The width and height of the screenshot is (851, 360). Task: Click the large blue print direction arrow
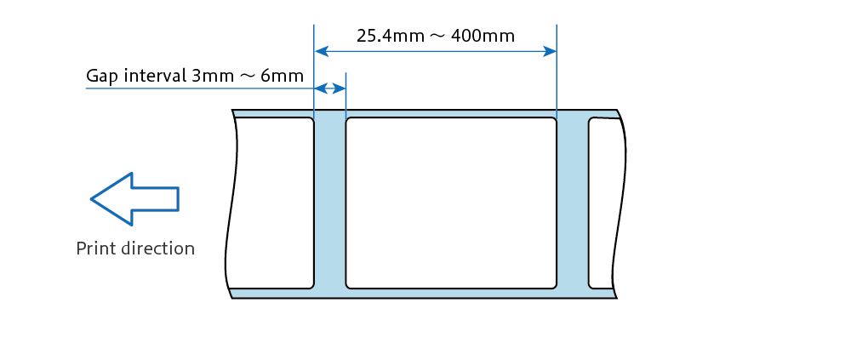point(134,199)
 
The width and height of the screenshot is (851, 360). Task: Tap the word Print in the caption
point(95,249)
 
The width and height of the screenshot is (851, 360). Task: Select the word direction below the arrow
point(157,249)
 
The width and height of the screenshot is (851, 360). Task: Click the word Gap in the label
point(102,76)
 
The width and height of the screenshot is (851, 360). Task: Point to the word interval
point(156,75)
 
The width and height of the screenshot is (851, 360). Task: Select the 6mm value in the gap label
point(283,76)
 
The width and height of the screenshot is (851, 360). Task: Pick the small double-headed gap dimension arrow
point(330,88)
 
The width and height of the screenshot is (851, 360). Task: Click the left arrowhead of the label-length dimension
point(322,52)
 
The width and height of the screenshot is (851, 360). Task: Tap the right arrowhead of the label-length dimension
point(550,52)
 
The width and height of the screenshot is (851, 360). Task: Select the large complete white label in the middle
point(451,203)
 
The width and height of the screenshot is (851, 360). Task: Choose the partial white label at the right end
point(606,203)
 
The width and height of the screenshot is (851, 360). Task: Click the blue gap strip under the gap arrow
point(330,203)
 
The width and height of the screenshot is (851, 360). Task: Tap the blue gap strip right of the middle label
point(573,203)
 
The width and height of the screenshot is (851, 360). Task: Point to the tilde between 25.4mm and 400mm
point(437,37)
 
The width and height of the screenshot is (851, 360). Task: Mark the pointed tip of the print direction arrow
point(91,199)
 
